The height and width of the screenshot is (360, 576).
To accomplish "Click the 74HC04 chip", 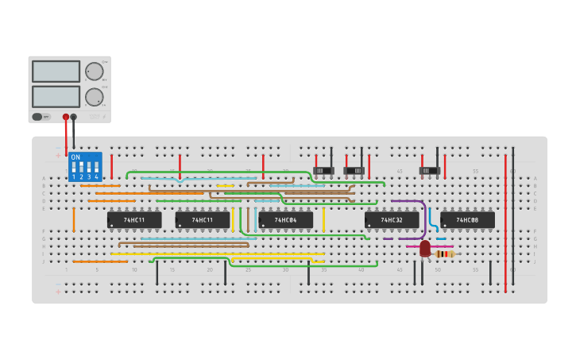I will click(285, 220).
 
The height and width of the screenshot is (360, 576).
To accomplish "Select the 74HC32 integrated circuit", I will click(392, 220).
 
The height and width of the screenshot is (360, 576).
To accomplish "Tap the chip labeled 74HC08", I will click(467, 220).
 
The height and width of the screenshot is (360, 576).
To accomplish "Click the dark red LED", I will click(425, 249).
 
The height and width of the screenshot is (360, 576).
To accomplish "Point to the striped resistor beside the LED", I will click(444, 254).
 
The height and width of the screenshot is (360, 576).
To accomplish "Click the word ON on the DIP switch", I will click(76, 157).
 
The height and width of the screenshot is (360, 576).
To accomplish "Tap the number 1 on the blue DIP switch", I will click(74, 176).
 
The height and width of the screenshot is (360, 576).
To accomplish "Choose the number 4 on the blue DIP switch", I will click(96, 176).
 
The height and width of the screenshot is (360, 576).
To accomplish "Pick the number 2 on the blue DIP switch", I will click(81, 176).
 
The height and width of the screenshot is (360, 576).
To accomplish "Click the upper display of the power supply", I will click(56, 72).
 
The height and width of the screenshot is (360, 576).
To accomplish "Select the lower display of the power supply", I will click(56, 97).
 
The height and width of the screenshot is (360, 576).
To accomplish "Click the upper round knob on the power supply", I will click(95, 72).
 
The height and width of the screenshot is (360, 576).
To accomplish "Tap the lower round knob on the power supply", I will click(95, 97).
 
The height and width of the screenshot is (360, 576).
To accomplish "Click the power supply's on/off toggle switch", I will click(37, 117).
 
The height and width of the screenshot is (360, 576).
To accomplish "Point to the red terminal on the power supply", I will click(66, 117).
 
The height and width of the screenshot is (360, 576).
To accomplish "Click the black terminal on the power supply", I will click(74, 117).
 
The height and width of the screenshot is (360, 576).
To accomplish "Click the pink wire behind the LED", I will click(413, 246).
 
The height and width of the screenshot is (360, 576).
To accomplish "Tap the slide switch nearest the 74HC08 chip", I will click(430, 171).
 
